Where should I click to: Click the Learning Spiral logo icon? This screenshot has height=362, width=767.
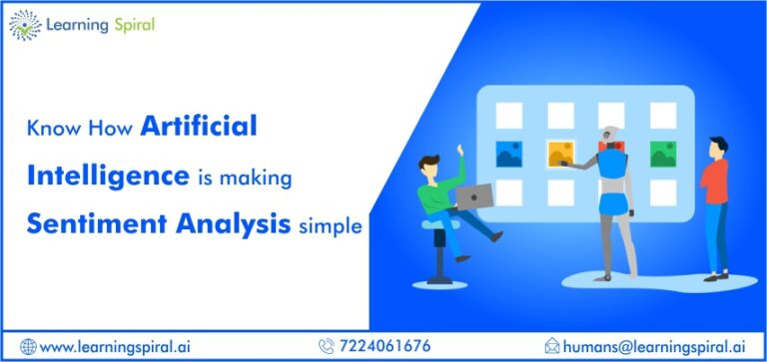pos(24,25)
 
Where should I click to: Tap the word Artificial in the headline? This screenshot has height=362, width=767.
pos(200,127)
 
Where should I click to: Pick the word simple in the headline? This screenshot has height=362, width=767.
pos(331,226)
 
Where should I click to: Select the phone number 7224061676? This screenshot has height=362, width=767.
pos(385,345)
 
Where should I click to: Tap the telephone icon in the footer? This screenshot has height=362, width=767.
pos(326,346)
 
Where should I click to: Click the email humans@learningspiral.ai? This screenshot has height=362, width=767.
pos(660,345)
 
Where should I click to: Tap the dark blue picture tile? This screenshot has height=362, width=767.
pos(508,154)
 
